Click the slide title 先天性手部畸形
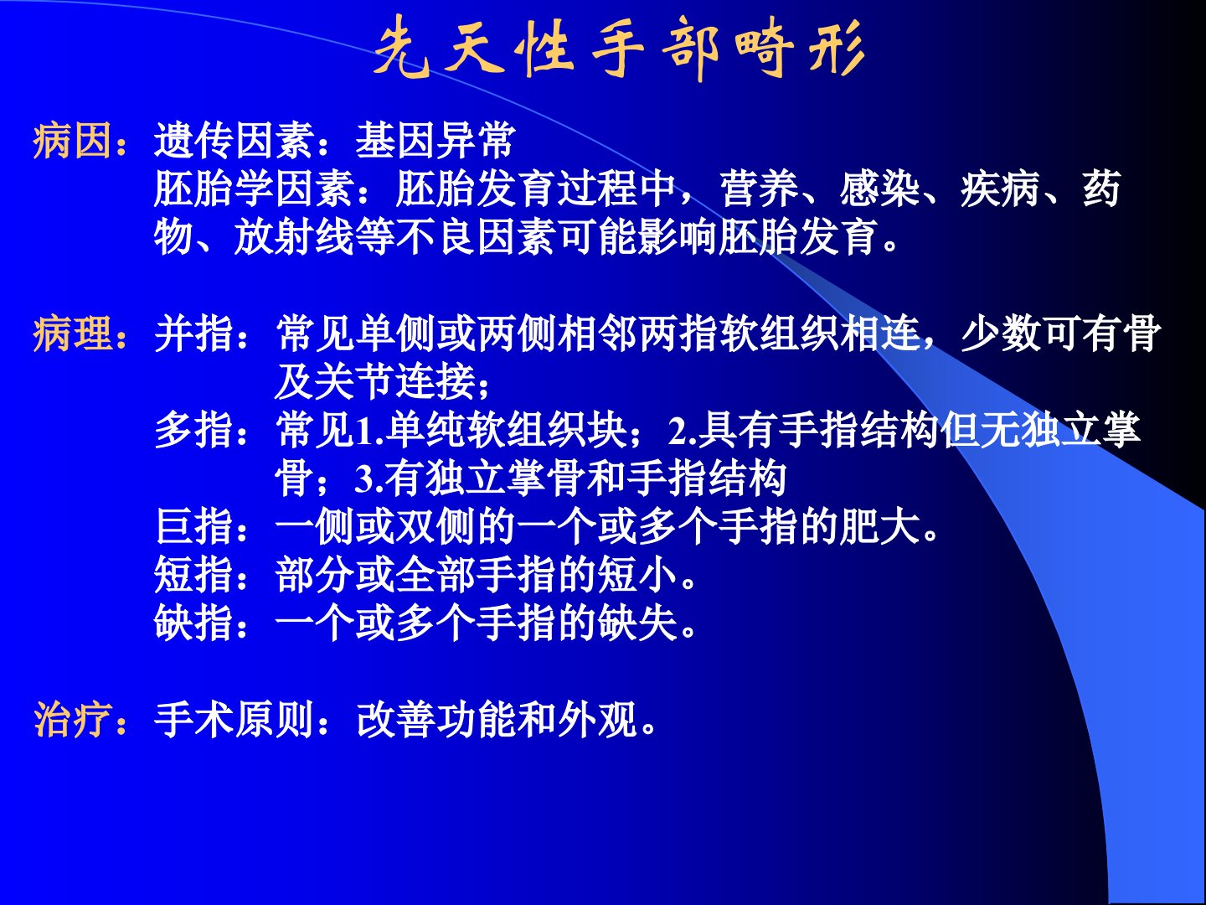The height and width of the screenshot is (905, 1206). tap(620, 49)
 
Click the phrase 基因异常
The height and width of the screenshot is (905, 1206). tap(435, 141)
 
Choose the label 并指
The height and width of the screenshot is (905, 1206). tap(194, 334)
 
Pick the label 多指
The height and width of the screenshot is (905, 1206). tap(194, 430)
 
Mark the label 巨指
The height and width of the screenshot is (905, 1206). tap(194, 526)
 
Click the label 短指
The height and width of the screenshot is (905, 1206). tap(194, 575)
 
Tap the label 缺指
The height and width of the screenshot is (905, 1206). tap(194, 623)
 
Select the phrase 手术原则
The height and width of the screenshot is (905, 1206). tap(234, 719)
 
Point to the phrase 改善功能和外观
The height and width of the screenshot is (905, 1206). tap(497, 719)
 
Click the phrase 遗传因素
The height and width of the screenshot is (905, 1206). tap(234, 141)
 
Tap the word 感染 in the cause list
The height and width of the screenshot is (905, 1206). tap(879, 189)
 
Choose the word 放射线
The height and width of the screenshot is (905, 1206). tap(294, 237)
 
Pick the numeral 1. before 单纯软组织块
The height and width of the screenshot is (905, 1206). tap(369, 431)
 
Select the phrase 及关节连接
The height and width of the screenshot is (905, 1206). tap(374, 382)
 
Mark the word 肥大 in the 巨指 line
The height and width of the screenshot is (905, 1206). tap(879, 526)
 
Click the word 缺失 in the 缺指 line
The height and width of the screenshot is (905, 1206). tap(637, 623)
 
